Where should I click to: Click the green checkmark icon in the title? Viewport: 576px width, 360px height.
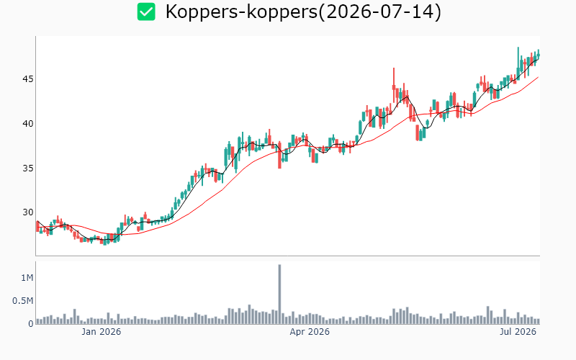[146, 12]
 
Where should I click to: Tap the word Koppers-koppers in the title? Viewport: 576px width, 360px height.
[241, 12]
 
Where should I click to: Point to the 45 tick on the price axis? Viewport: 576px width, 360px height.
[28, 79]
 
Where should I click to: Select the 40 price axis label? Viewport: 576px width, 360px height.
[28, 123]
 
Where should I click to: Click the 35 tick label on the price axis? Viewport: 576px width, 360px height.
[28, 168]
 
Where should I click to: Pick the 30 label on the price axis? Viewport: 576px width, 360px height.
[28, 212]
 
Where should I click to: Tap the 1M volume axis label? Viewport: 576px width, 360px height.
[27, 278]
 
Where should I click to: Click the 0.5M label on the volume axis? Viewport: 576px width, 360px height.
[23, 301]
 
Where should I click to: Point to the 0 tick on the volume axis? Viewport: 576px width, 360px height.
[31, 323]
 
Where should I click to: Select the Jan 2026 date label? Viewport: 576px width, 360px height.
[101, 332]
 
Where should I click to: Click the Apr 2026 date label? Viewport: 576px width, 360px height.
[310, 332]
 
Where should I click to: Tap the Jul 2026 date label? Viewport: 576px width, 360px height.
[518, 332]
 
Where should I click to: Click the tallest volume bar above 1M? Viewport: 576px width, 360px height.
[279, 294]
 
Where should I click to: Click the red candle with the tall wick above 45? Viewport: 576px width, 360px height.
[394, 85]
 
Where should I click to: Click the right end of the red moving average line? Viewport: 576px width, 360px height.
[539, 77]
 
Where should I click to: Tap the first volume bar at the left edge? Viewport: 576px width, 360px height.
[37, 321]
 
